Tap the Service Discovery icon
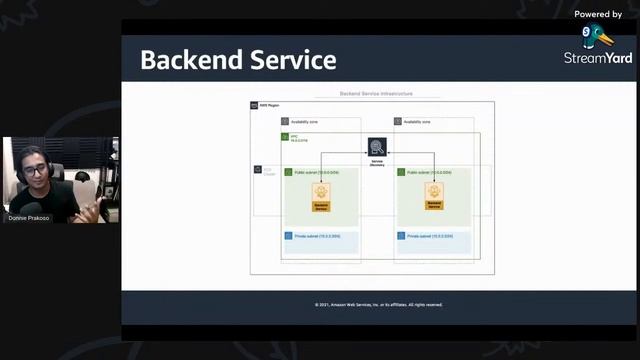(x=377, y=148)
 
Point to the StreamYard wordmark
(x=598, y=58)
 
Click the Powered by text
(x=598, y=14)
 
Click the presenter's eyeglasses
(x=37, y=171)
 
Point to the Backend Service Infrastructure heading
(x=375, y=94)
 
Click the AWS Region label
(x=266, y=105)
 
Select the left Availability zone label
(x=304, y=122)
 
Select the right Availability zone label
(x=417, y=122)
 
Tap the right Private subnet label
(x=429, y=236)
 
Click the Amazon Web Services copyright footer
(x=378, y=304)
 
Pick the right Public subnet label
(x=429, y=173)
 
